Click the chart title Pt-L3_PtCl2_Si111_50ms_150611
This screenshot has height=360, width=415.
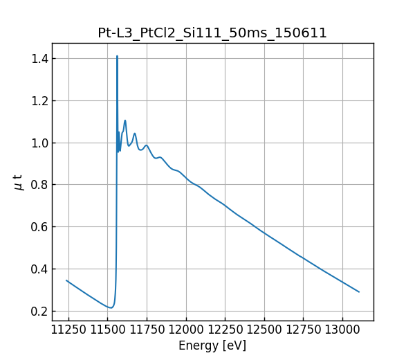(x=212, y=33)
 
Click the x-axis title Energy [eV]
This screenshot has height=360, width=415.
(x=212, y=345)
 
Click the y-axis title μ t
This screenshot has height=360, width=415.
(x=19, y=182)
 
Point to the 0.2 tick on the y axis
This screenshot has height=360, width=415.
(x=38, y=311)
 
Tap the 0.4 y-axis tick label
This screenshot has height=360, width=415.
(x=38, y=269)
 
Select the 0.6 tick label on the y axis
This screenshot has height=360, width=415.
(x=38, y=226)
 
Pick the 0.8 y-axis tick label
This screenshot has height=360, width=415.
(x=38, y=185)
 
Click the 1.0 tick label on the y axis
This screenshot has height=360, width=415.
(x=38, y=143)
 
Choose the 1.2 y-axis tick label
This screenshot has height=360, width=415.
(x=38, y=100)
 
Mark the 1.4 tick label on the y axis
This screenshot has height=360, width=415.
(x=38, y=59)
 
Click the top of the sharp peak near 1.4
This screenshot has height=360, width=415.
(x=117, y=56)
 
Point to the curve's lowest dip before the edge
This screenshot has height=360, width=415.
(x=110, y=307)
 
